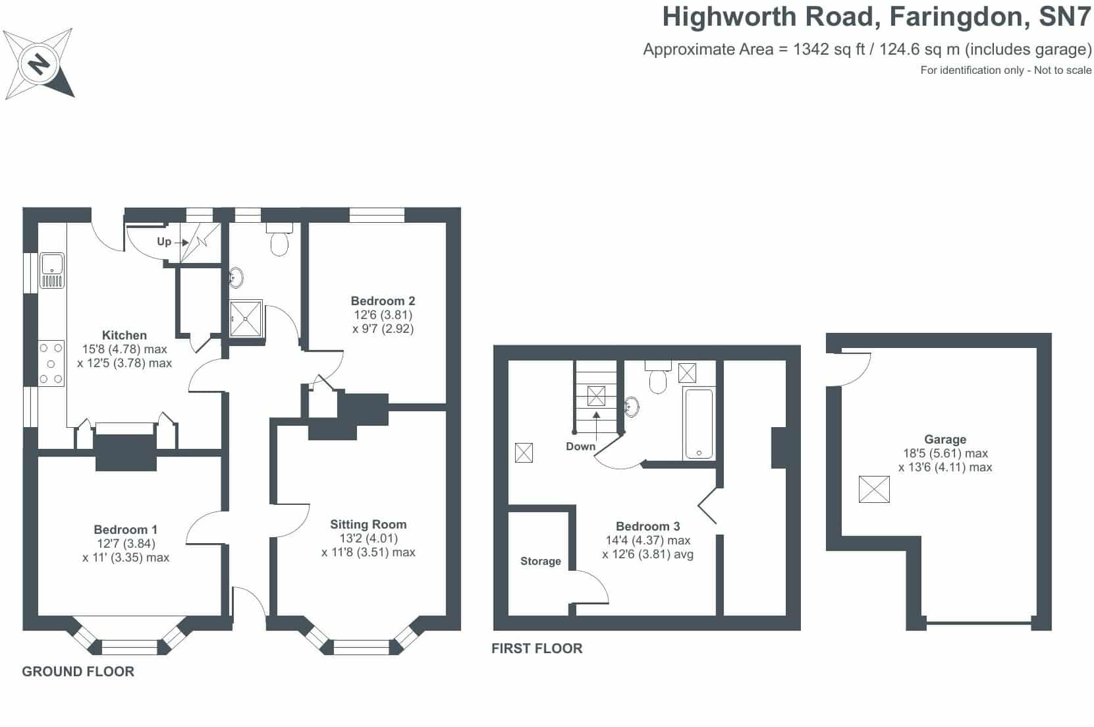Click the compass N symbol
pyautogui.click(x=39, y=63)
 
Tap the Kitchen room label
pyautogui.click(x=124, y=335)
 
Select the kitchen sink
pyautogui.click(x=52, y=270)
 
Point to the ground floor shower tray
pyautogui.click(x=246, y=319)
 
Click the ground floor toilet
pyautogui.click(x=279, y=239)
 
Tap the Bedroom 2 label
pyautogui.click(x=383, y=301)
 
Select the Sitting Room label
pyautogui.click(x=368, y=525)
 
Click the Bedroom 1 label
pyautogui.click(x=126, y=529)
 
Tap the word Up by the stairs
pyautogui.click(x=164, y=241)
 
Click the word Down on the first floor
pyautogui.click(x=581, y=446)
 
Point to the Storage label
pyautogui.click(x=541, y=562)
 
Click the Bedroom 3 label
pyautogui.click(x=647, y=527)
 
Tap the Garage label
pyautogui.click(x=945, y=440)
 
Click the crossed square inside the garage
pyautogui.click(x=874, y=490)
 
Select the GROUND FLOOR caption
pyautogui.click(x=78, y=672)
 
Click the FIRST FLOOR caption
pyautogui.click(x=537, y=649)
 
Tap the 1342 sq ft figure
pyautogui.click(x=829, y=49)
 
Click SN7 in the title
pyautogui.click(x=1065, y=16)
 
